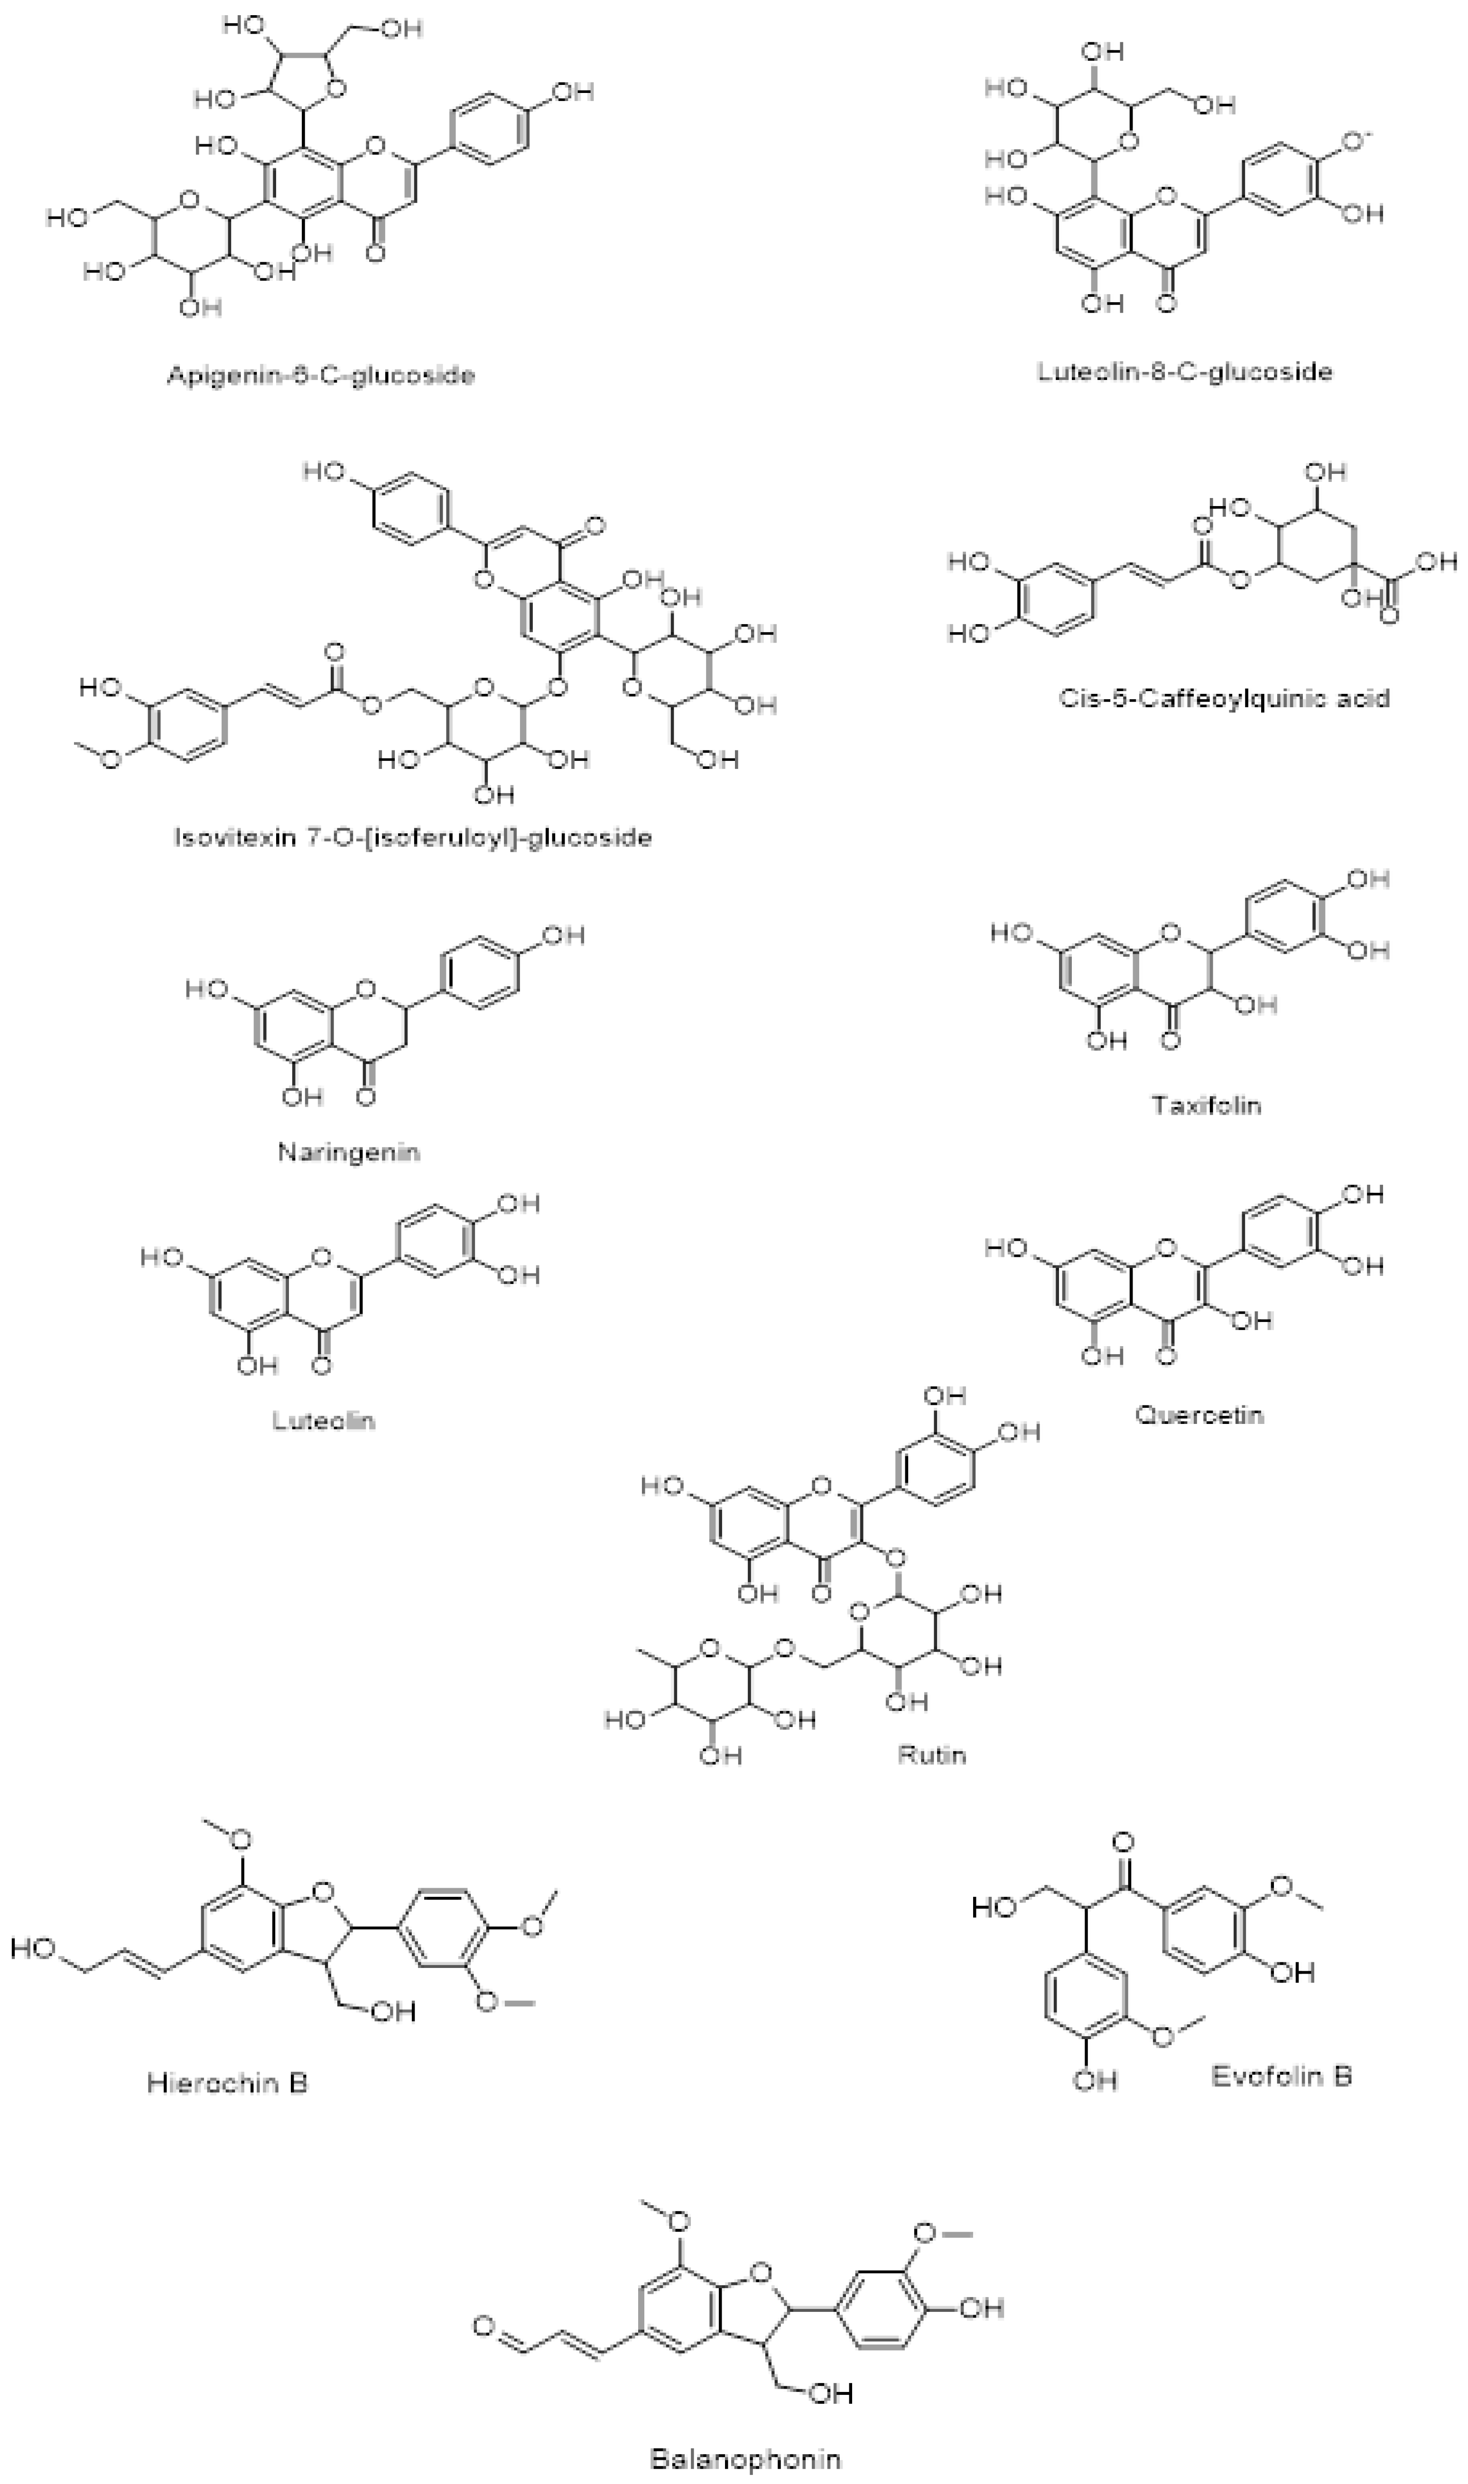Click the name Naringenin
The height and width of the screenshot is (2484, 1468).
point(348,1152)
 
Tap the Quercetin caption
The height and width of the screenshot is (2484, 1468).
point(1199,1414)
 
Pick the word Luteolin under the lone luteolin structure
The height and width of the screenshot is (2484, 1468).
point(324,1421)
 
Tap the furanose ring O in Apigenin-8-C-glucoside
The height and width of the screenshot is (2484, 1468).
point(334,90)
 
